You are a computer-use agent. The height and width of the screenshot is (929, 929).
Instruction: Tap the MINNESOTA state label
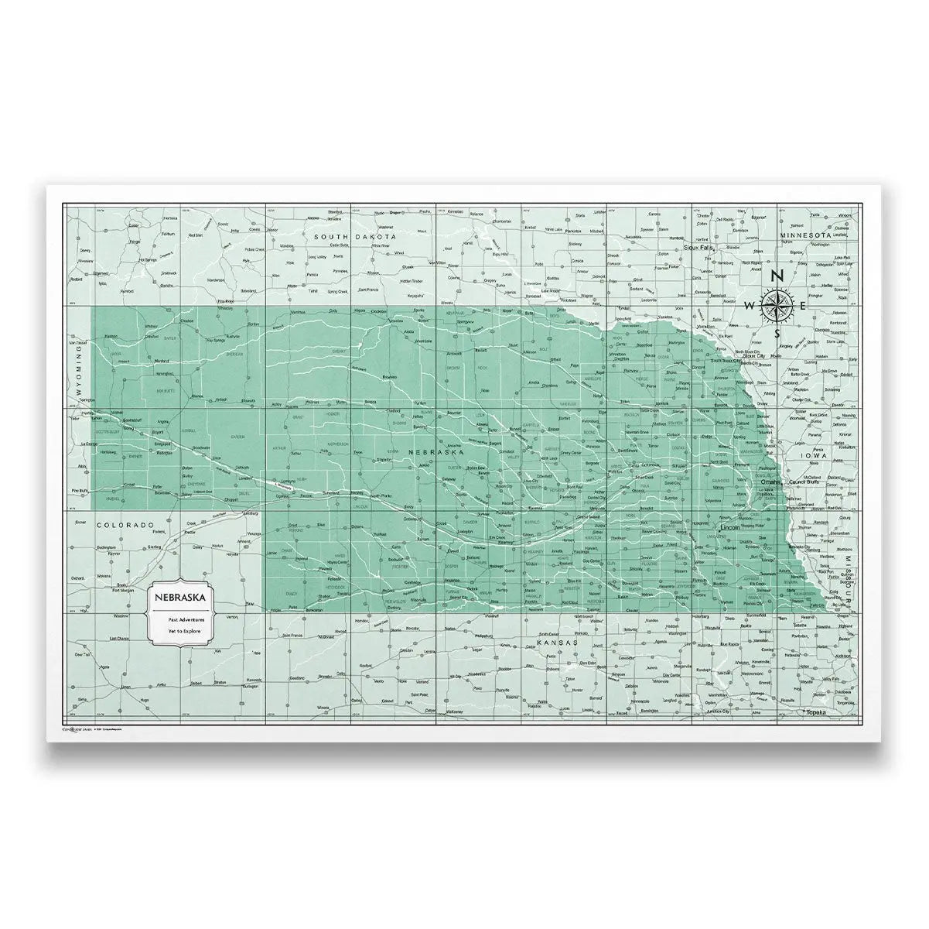(804, 235)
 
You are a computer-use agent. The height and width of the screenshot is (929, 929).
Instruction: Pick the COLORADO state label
(122, 524)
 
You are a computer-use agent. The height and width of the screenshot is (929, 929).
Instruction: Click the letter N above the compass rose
(779, 277)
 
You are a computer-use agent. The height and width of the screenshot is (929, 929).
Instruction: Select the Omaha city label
(770, 482)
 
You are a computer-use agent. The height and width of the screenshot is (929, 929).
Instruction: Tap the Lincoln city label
(731, 527)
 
